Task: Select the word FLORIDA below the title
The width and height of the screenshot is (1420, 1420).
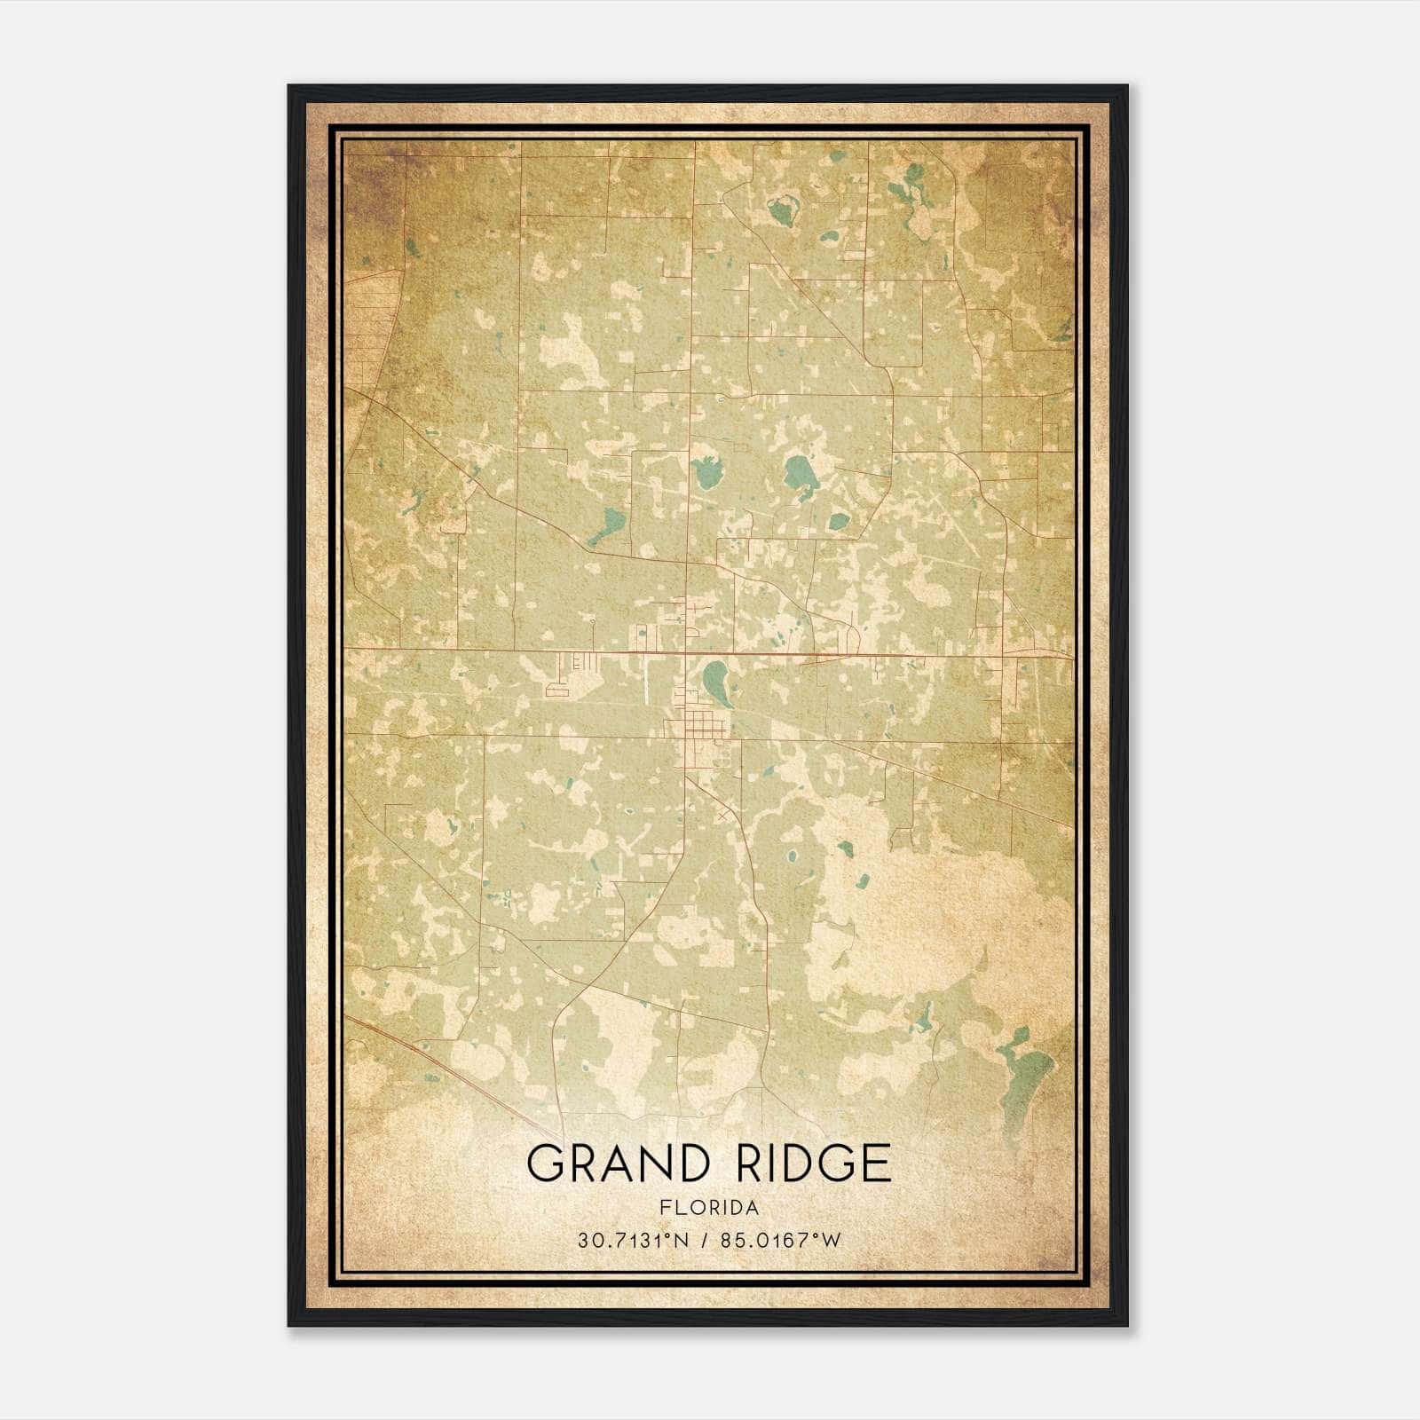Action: (x=708, y=1208)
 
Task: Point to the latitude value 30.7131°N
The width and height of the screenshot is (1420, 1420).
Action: (x=634, y=1241)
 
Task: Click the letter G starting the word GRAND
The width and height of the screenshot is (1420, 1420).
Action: (x=546, y=1164)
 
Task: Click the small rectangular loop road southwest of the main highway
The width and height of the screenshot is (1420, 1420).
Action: (x=559, y=688)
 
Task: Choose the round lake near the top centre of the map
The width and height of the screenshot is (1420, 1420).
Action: (x=783, y=211)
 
